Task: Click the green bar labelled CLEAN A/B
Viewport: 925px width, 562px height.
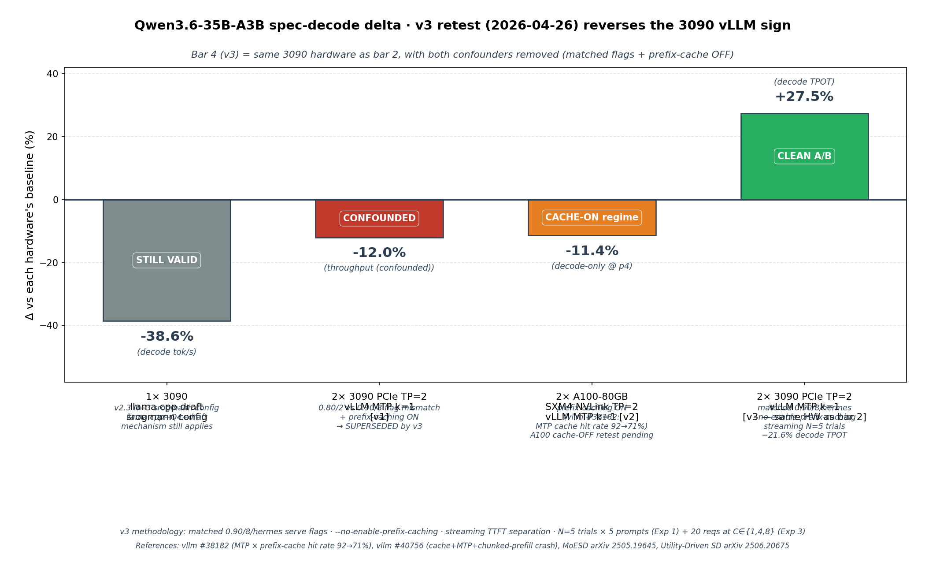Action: pyautogui.click(x=804, y=132)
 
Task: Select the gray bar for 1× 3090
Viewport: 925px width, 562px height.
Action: pyautogui.click(x=166, y=291)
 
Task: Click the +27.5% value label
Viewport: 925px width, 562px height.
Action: pyautogui.click(x=804, y=97)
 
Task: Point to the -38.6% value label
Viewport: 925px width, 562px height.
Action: pyautogui.click(x=166, y=337)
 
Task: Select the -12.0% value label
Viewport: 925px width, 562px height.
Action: pyautogui.click(x=379, y=253)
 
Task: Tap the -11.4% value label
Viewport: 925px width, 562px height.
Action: pyautogui.click(x=592, y=251)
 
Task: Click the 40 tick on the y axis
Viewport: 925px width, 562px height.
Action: pyautogui.click(x=52, y=74)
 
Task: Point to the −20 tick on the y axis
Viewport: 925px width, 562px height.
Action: pyautogui.click(x=49, y=263)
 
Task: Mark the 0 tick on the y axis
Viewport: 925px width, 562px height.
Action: pyautogui.click(x=55, y=200)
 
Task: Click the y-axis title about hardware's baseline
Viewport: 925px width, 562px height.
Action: pyautogui.click(x=30, y=225)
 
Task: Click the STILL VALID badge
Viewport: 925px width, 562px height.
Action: pyautogui.click(x=166, y=261)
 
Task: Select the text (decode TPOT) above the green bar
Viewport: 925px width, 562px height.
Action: pyautogui.click(x=804, y=82)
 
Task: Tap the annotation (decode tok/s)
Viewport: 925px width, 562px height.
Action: pyautogui.click(x=166, y=352)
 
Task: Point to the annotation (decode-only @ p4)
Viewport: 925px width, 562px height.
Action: pyautogui.click(x=592, y=266)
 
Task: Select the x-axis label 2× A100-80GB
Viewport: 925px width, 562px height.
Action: pyautogui.click(x=592, y=397)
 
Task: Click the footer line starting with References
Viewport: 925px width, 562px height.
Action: pyautogui.click(x=462, y=546)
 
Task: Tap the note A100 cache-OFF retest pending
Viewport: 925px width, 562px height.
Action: pyautogui.click(x=592, y=435)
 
